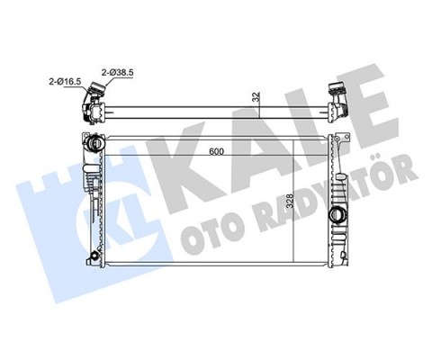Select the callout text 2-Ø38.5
coord(117,69)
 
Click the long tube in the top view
coord(216,114)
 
